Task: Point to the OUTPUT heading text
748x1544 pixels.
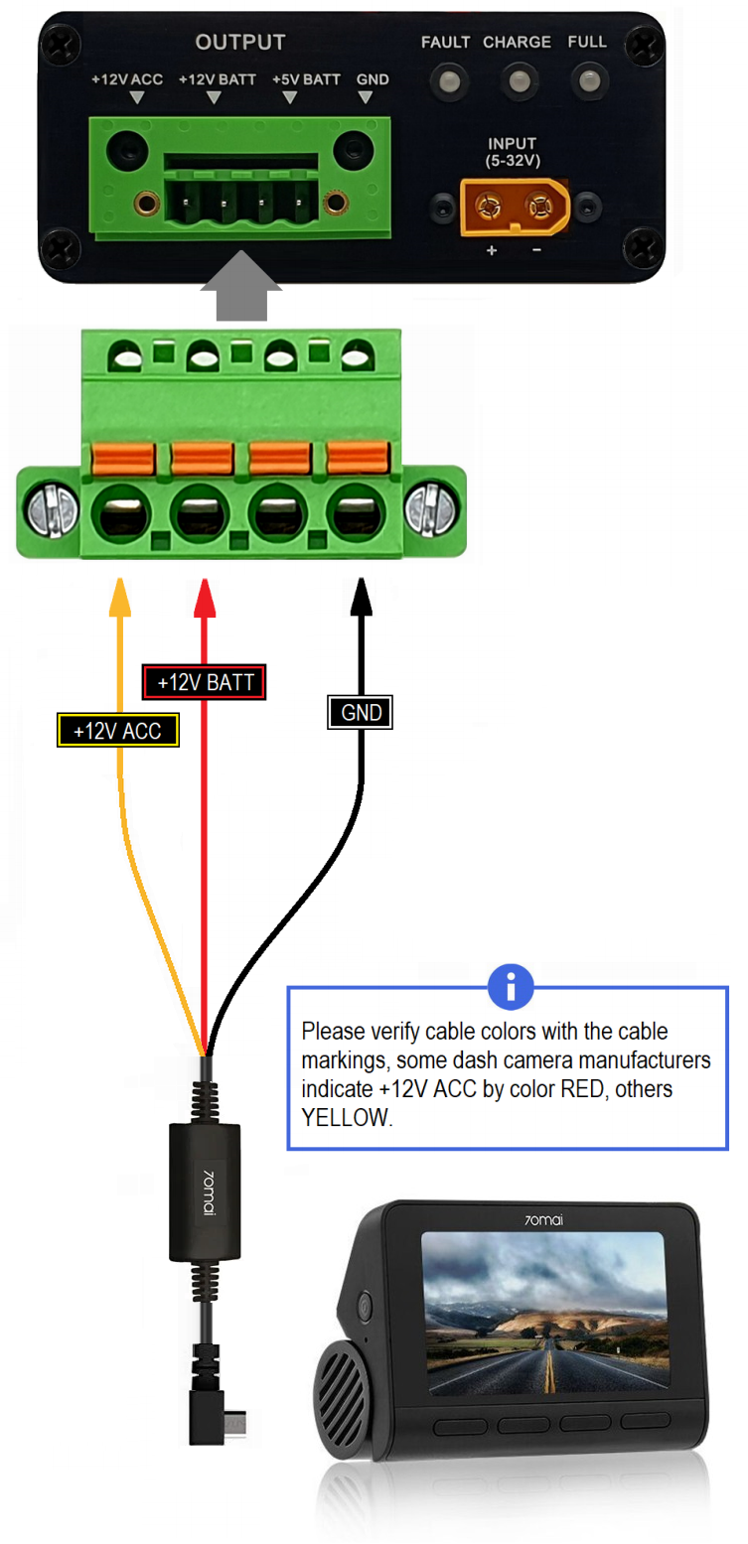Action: tap(240, 43)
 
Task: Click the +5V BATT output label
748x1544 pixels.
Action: tap(306, 78)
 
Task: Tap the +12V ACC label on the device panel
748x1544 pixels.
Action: tap(127, 78)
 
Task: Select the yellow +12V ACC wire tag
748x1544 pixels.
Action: tap(118, 732)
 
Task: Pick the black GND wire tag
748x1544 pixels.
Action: tap(361, 712)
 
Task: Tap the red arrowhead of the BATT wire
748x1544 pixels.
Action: tap(206, 594)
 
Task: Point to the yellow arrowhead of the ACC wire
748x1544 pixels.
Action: tap(120, 594)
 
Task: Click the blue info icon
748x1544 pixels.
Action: tap(511, 986)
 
